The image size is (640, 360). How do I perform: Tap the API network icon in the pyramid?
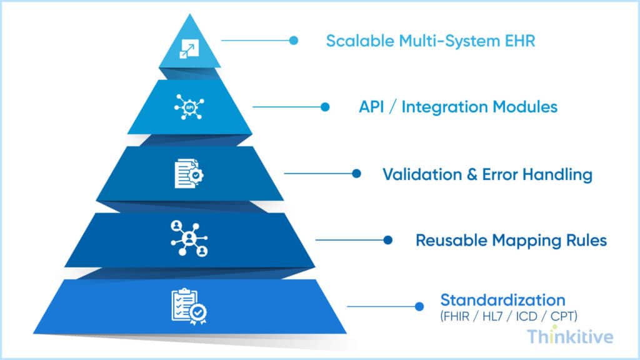189,107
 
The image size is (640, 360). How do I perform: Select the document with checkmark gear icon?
189,174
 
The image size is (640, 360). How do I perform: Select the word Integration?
445,107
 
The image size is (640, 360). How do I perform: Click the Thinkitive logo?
569,337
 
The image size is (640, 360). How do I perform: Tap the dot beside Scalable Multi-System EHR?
294,41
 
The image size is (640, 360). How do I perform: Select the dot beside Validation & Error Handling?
356,174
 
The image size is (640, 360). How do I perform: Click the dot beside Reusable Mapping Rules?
387,239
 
